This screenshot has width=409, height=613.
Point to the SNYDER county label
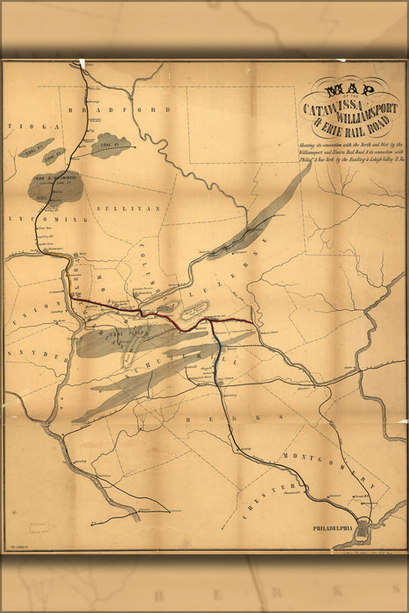pyautogui.click(x=39, y=357)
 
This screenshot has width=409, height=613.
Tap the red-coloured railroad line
pyautogui.click(x=158, y=315)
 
